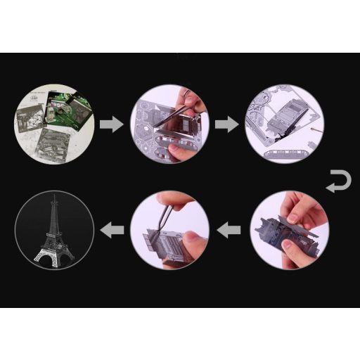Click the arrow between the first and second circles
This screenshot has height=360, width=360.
click(x=111, y=125)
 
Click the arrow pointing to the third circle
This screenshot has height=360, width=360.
click(x=225, y=124)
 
